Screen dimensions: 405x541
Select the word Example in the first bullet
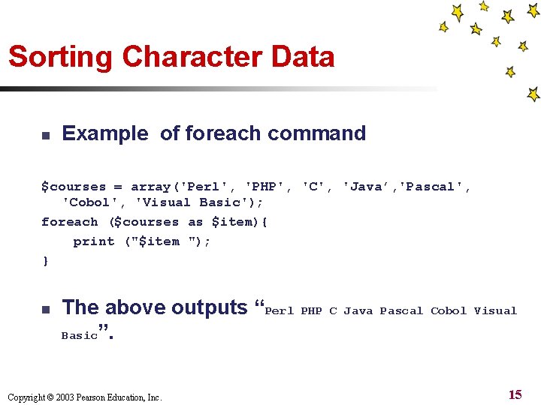(x=105, y=133)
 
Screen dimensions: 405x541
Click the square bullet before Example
(x=45, y=135)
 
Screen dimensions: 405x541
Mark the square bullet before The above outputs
(x=45, y=309)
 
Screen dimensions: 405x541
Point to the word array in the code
(x=150, y=187)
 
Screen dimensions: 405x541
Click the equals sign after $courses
(x=118, y=187)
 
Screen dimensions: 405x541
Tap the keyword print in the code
(x=93, y=241)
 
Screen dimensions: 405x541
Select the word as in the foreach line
(x=195, y=222)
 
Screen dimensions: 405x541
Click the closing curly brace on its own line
(x=45, y=260)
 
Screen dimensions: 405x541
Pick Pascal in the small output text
(x=401, y=310)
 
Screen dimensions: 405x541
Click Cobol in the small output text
(x=449, y=310)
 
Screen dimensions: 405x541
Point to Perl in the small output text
(x=280, y=310)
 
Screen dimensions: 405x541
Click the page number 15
(x=515, y=394)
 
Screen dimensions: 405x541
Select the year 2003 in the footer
(x=57, y=397)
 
